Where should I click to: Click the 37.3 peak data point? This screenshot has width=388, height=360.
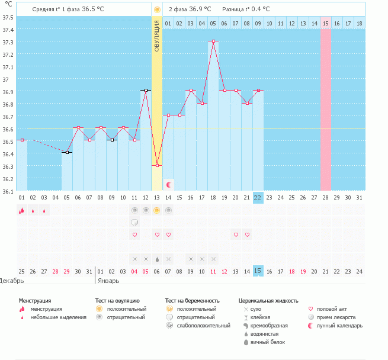tap(213, 41)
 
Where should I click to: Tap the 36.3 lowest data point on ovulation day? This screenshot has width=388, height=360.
tap(157, 165)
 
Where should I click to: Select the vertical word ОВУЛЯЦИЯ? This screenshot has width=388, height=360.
tap(157, 35)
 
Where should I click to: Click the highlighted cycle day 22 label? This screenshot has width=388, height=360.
tap(258, 197)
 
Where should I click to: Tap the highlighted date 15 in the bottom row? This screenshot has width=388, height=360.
tap(258, 271)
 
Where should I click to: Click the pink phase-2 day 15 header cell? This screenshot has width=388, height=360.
tap(326, 23)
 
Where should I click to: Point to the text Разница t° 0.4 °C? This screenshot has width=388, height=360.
tap(246, 9)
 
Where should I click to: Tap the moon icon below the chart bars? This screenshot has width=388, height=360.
tap(168, 185)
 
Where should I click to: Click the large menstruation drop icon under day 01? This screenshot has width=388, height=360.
tap(21, 210)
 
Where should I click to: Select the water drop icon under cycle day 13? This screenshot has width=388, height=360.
tap(157, 259)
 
